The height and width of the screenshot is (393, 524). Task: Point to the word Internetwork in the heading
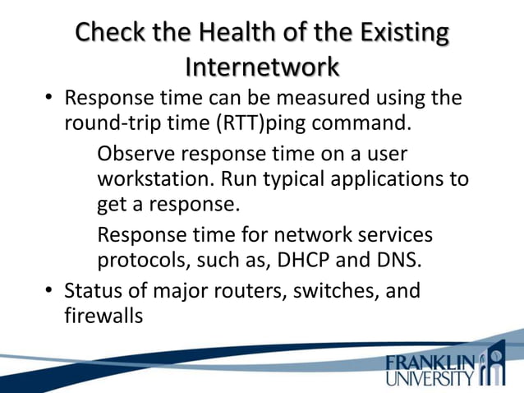(x=262, y=65)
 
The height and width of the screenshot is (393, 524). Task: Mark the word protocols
(x=145, y=261)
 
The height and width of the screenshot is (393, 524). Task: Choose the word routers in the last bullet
(x=251, y=291)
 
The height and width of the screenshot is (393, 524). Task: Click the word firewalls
(x=103, y=315)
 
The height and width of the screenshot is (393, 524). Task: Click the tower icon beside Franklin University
(x=496, y=366)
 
